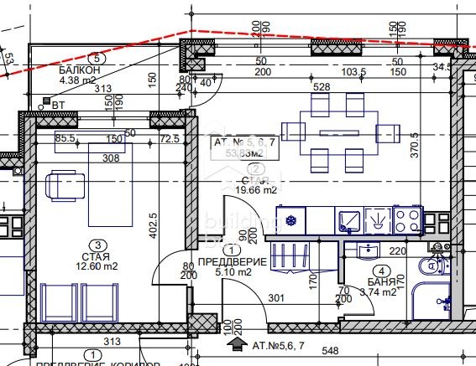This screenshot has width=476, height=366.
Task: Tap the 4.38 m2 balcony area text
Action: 79,81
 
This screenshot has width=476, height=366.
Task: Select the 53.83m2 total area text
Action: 238,152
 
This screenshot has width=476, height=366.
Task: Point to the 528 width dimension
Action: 322,86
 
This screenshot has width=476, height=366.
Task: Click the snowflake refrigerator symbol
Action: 292,222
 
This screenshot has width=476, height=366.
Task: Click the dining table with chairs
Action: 331,131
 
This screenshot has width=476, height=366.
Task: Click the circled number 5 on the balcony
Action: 98,59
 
